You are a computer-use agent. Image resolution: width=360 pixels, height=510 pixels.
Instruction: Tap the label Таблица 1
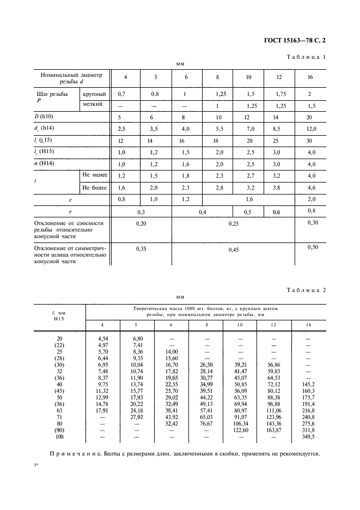(306, 57)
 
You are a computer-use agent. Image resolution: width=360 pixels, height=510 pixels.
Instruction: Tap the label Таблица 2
(306, 290)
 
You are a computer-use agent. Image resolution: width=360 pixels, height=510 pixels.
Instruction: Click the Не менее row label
(95, 175)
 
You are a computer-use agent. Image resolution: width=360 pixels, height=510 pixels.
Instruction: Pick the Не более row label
(95, 187)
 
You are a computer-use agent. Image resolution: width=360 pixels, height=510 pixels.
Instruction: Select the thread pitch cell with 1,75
(282, 94)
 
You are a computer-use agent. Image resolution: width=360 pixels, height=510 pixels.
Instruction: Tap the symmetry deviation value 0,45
(234, 250)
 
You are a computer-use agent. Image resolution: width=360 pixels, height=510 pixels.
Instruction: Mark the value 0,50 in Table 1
(312, 247)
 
